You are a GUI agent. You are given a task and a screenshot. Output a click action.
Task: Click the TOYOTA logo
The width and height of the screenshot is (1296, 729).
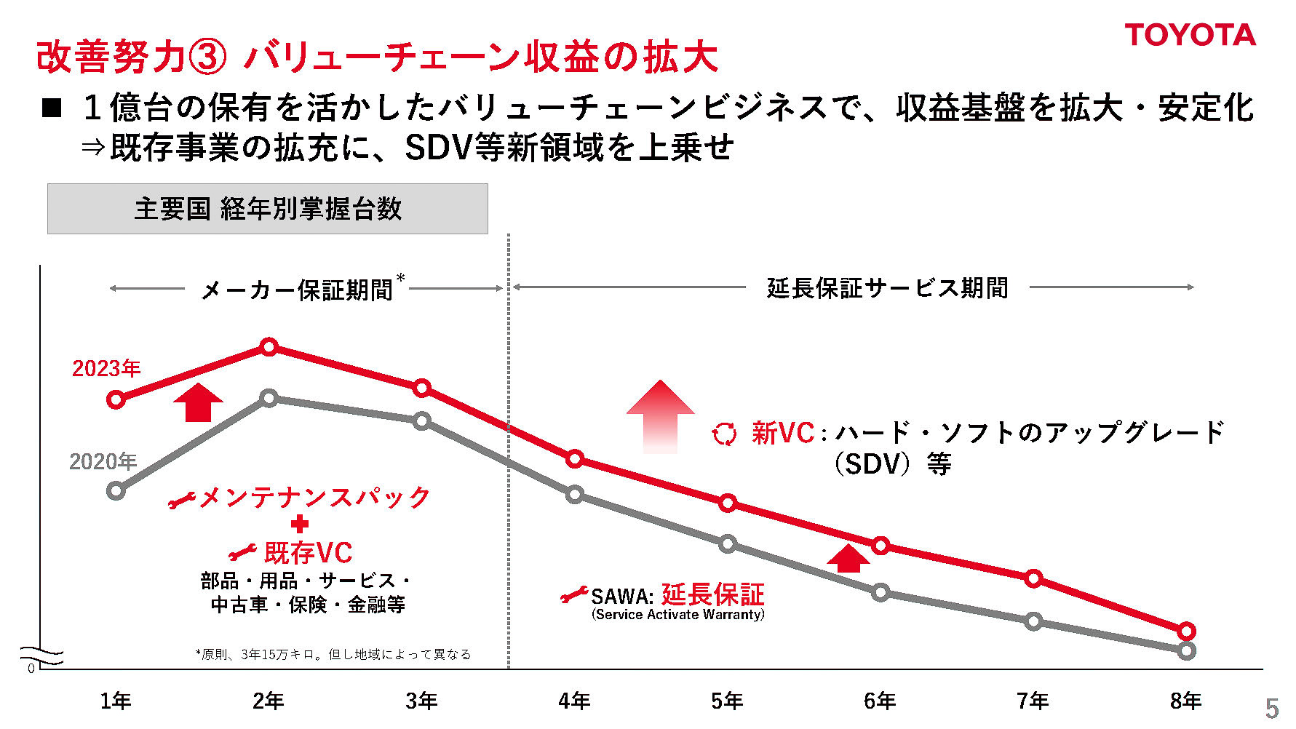tap(1190, 35)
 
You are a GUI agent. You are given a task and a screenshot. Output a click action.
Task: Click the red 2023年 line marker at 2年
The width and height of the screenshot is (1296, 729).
tap(269, 347)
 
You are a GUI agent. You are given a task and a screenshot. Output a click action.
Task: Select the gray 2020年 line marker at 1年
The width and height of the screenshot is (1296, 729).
tap(116, 491)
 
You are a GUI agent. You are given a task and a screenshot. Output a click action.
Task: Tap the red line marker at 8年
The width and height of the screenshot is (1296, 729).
tap(1186, 631)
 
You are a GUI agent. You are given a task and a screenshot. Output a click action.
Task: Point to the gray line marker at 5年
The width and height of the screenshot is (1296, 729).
tap(728, 543)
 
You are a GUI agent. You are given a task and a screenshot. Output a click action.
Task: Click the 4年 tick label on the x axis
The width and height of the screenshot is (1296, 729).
tap(574, 701)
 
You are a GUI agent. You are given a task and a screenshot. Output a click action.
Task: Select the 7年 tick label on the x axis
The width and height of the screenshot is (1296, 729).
tap(1033, 701)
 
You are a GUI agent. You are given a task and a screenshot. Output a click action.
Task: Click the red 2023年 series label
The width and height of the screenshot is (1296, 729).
tap(106, 369)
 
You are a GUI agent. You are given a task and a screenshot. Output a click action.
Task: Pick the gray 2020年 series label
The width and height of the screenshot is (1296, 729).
tap(103, 462)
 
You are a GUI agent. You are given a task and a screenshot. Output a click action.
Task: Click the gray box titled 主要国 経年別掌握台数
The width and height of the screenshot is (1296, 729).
tap(267, 209)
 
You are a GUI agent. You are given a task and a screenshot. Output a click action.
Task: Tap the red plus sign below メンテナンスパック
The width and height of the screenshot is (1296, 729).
tap(299, 524)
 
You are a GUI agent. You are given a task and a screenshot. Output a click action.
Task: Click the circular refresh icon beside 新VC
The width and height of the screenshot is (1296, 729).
tap(724, 434)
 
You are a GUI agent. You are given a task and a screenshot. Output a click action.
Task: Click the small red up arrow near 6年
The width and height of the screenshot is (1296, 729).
tap(848, 558)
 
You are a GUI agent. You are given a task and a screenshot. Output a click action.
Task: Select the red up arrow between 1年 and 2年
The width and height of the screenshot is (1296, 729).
tap(198, 402)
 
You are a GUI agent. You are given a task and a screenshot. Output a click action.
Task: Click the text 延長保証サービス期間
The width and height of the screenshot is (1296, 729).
tap(887, 288)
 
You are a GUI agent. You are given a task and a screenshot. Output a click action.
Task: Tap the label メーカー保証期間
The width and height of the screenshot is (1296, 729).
tap(297, 290)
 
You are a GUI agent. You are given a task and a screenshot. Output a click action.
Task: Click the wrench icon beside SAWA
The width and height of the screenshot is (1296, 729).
tap(573, 596)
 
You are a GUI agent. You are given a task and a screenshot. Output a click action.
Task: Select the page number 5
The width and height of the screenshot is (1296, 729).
tap(1271, 708)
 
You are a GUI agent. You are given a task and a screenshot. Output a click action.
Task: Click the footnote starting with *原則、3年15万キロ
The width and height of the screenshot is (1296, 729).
tap(333, 654)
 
